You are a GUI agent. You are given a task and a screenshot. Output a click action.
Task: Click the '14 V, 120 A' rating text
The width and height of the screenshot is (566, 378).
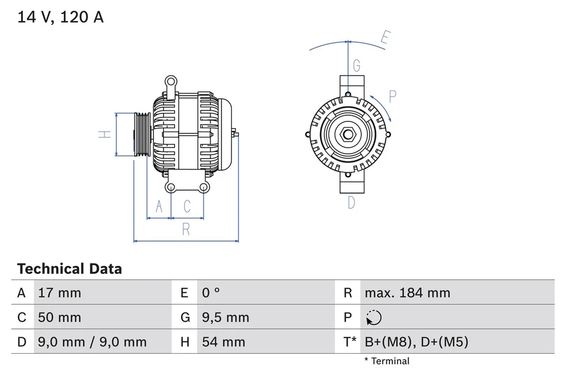pos(60,17)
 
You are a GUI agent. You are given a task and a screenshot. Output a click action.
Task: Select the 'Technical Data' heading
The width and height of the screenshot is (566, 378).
pos(70,269)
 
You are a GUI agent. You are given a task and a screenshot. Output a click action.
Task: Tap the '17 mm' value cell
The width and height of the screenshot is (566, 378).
pos(59,293)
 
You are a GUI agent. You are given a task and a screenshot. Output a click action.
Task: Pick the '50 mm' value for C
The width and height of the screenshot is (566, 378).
pos(59,317)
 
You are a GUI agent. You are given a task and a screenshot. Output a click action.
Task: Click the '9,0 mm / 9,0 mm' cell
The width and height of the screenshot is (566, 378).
pos(92,342)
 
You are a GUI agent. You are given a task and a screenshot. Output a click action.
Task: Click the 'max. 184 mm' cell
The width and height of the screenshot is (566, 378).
pos(407,293)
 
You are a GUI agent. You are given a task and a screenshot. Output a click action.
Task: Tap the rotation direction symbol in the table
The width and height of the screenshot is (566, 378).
pos(373,318)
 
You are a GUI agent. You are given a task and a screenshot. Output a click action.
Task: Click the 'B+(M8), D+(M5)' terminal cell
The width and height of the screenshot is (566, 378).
pos(416,342)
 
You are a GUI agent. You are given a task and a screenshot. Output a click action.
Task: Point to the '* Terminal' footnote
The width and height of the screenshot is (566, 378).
pos(386,361)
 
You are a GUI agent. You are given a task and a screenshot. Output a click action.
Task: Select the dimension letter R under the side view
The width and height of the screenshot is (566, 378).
pos(186,230)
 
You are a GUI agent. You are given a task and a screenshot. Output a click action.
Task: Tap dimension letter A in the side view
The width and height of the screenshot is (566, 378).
pos(158,206)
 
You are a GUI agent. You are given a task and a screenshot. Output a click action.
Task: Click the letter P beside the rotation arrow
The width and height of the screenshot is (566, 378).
pos(392,96)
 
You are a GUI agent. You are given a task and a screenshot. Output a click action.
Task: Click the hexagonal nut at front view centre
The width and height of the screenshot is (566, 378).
pos(347,135)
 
